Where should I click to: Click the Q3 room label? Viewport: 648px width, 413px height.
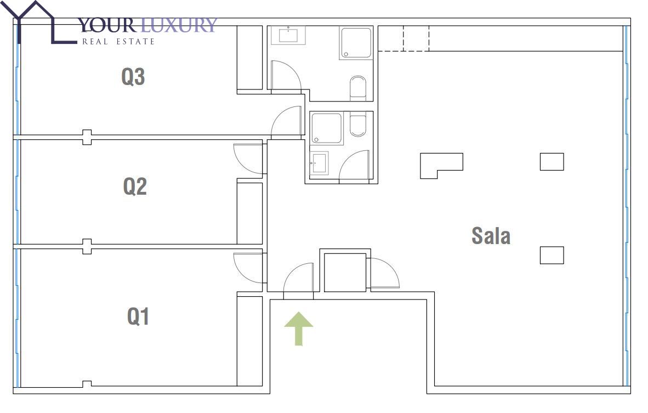coord(133,76)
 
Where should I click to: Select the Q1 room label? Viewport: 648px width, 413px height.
coord(138,316)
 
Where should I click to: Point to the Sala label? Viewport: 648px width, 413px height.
coord(491,236)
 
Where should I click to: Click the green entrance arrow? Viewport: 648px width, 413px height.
coord(298,329)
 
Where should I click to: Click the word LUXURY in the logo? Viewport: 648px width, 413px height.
coord(179,25)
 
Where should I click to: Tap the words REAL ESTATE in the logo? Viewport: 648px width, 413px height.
coord(118,41)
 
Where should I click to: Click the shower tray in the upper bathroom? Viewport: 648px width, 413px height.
coord(355,43)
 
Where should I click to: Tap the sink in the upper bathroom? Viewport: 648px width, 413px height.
coord(288,35)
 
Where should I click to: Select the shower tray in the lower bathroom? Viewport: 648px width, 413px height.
coord(327,128)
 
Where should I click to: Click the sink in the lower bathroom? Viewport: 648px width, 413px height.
coord(319,163)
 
